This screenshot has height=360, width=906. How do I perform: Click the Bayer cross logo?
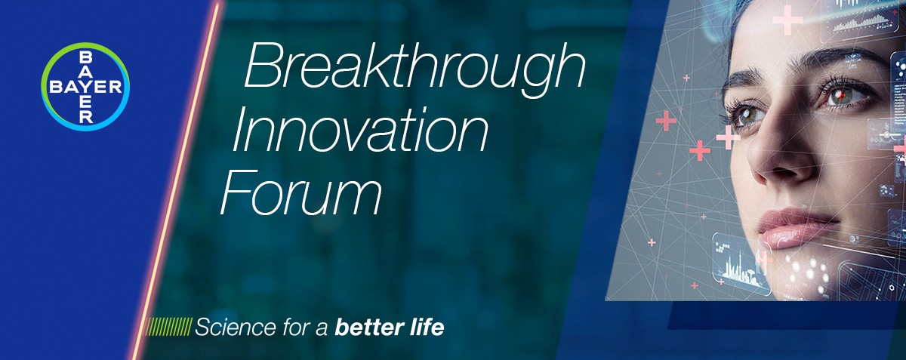click(x=85, y=87)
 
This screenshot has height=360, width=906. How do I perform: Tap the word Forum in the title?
click(x=301, y=192)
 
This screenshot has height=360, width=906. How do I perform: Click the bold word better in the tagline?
click(x=367, y=327)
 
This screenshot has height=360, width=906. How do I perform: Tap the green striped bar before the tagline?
click(x=168, y=327)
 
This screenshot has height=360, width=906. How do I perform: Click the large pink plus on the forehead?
click(x=787, y=20)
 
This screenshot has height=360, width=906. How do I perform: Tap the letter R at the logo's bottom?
click(x=86, y=117)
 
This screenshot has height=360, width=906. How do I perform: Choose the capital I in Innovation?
click(x=239, y=130)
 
